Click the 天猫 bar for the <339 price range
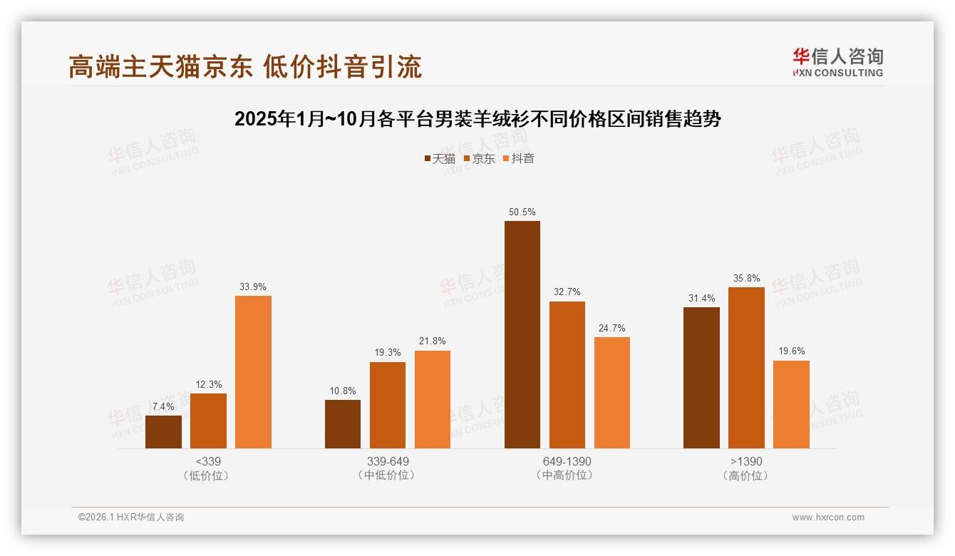pos(163,432)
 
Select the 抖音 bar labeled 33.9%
pos(253,372)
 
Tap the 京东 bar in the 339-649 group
pos(387,405)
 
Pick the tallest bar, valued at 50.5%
pos(522,335)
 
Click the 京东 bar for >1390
pos(746,368)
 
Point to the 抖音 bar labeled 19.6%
pos(791,404)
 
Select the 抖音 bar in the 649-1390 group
pos(611,393)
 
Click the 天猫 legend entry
pos(439,158)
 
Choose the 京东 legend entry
pos(479,158)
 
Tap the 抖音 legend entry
pos(518,158)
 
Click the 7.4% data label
pos(163,406)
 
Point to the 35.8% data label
pos(746,278)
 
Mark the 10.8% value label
pos(343,391)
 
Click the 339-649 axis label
pos(388,461)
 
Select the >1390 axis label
pos(746,461)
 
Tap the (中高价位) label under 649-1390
pos(567,475)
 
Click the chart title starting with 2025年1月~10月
pos(477,119)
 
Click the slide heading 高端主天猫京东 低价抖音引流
pos(245,66)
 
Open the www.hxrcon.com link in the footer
pos(828,518)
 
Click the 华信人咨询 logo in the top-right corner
pos(837,63)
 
